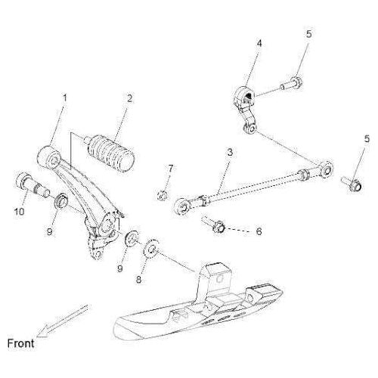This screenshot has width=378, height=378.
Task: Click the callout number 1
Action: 65,98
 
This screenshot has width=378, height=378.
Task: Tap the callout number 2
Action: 129,98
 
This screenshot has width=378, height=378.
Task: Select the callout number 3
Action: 230,152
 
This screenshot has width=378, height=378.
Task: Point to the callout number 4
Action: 259,44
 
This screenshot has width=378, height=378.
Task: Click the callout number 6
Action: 259,231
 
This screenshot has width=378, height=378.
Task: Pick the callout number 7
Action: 171,169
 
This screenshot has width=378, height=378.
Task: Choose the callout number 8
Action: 138,279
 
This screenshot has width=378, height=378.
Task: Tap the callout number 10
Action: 20,211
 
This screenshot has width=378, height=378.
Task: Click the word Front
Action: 20,343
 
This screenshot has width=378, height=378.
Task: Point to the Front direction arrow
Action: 63,321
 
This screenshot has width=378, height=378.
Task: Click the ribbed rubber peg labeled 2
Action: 110,153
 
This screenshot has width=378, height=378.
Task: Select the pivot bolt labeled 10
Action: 32,185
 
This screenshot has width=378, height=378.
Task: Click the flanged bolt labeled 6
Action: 213,224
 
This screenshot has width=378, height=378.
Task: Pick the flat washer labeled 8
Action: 151,249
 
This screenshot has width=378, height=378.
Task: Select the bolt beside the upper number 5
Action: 292,84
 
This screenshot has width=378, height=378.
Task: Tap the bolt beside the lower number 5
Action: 352,184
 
